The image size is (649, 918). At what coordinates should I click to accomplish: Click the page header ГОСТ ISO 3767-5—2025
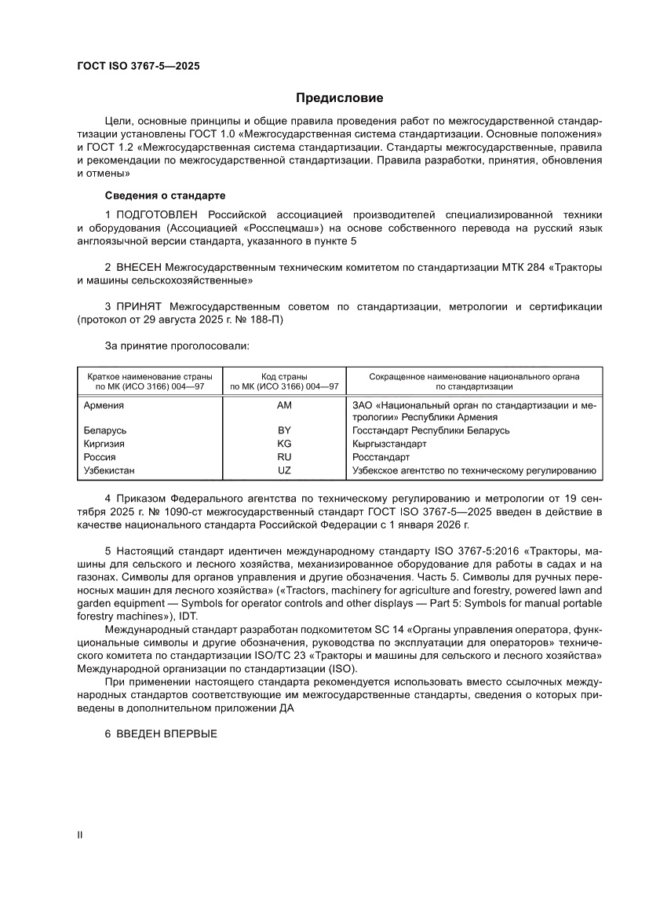click(137, 67)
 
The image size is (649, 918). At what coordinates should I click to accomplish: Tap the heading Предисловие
click(339, 98)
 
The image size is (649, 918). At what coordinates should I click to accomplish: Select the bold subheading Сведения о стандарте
click(165, 195)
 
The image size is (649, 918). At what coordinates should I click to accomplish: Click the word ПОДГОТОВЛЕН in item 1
click(159, 214)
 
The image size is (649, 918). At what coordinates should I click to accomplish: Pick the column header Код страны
click(283, 377)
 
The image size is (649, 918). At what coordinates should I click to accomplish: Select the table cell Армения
click(104, 405)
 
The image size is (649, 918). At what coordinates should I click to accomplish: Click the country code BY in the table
click(284, 430)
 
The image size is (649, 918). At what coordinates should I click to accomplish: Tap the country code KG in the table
click(284, 444)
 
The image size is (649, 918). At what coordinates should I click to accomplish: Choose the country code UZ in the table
click(284, 470)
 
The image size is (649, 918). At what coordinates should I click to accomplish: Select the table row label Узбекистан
click(109, 470)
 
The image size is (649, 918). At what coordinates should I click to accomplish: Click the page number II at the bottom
click(79, 836)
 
